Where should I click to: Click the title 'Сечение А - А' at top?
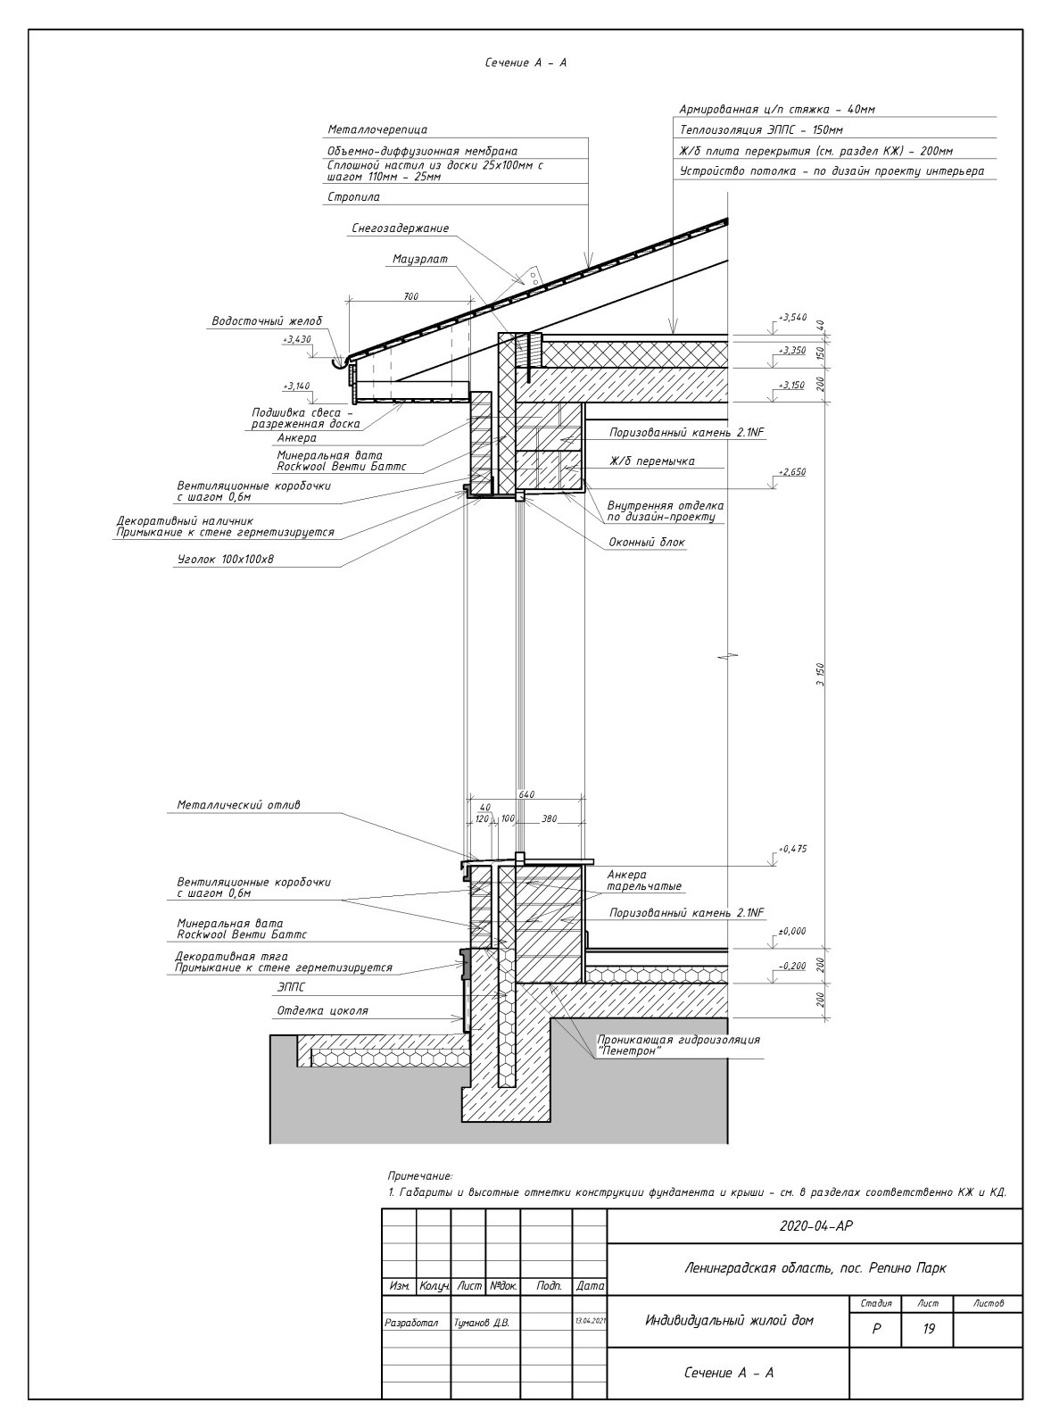[525, 63]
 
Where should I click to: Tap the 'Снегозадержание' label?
[400, 228]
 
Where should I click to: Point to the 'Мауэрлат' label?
[419, 260]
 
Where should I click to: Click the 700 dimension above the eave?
[410, 296]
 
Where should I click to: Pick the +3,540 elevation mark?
[791, 317]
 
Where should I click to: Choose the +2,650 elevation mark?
[791, 472]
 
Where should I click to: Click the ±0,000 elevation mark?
[791, 931]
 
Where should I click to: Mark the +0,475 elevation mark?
[791, 849]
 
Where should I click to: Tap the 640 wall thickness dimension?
[525, 793]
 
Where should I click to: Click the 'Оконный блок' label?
[647, 542]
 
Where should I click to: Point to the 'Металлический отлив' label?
[238, 805]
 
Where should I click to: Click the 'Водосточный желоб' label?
[266, 321]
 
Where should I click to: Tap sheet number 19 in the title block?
[928, 1329]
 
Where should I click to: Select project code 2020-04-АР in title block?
[815, 1226]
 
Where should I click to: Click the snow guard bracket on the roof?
[532, 276]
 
